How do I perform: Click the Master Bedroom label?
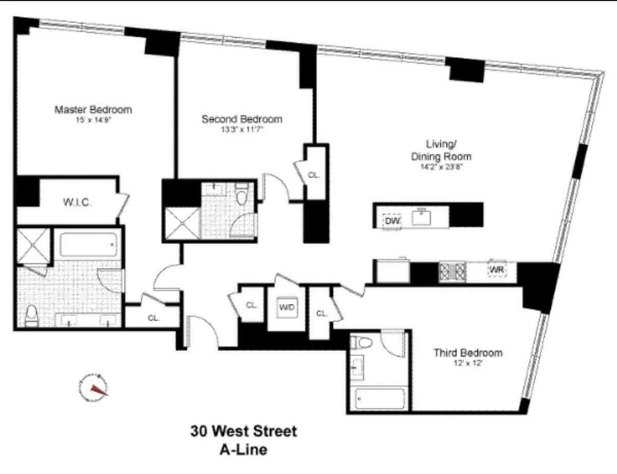pyautogui.click(x=93, y=110)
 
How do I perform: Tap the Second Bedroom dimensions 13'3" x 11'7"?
pyautogui.click(x=241, y=130)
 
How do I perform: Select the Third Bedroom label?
pyautogui.click(x=468, y=353)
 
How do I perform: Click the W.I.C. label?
pyautogui.click(x=77, y=202)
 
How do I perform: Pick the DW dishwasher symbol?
pyautogui.click(x=392, y=221)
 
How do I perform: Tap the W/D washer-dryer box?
pyautogui.click(x=286, y=307)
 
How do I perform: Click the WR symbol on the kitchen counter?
pyautogui.click(x=496, y=270)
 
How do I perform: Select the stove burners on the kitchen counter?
pyautogui.click(x=452, y=271)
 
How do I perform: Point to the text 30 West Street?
pyautogui.click(x=244, y=431)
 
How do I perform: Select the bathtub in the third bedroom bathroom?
pyautogui.click(x=378, y=399)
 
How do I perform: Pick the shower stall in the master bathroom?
pyautogui.click(x=33, y=245)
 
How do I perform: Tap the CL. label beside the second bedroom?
pyautogui.click(x=314, y=175)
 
